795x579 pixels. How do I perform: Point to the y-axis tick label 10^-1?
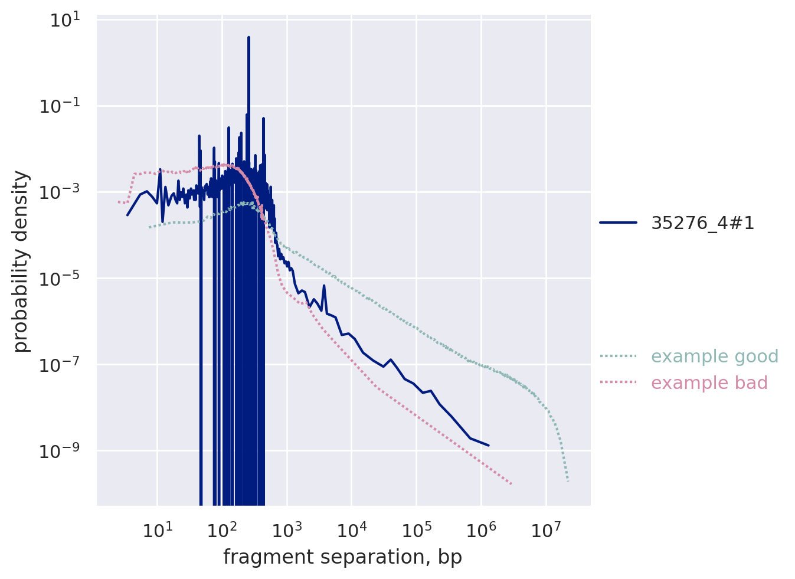(x=63, y=107)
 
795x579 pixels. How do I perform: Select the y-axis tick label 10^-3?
(x=63, y=193)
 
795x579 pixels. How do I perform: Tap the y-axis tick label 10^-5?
(x=63, y=279)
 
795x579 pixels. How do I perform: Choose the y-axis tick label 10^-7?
(x=63, y=365)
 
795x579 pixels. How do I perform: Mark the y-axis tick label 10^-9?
(x=63, y=452)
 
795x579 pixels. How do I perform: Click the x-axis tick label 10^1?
(x=157, y=529)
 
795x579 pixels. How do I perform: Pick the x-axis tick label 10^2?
(x=222, y=529)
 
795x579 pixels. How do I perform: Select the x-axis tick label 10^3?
(x=287, y=529)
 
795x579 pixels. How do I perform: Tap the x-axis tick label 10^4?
(x=352, y=529)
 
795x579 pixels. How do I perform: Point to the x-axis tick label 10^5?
(x=417, y=529)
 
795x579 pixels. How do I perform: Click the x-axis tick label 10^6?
(x=482, y=529)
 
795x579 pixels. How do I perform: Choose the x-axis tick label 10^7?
(x=547, y=529)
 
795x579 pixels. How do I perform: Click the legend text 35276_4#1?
(x=702, y=223)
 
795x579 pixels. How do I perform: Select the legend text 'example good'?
(x=715, y=356)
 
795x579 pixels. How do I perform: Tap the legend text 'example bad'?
(x=709, y=383)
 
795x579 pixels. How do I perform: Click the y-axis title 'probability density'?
(x=22, y=261)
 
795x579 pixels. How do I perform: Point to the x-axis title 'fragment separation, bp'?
(x=342, y=557)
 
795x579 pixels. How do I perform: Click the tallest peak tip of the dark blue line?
(x=248, y=37)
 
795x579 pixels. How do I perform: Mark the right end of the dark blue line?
(x=489, y=446)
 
